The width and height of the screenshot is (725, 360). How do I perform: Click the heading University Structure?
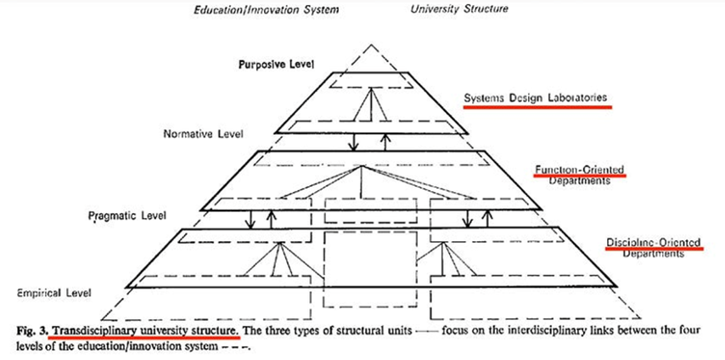(x=458, y=10)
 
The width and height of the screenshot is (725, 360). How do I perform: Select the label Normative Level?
(x=203, y=134)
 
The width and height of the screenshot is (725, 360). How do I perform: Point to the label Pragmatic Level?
(x=127, y=217)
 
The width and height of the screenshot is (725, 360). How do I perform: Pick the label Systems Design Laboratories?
(x=536, y=98)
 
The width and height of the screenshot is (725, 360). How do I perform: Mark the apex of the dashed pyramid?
(x=369, y=42)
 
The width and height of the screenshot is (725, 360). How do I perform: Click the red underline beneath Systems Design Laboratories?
(x=536, y=107)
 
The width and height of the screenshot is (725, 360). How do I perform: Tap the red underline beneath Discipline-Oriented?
(x=654, y=250)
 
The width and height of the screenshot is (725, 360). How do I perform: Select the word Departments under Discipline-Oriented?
(x=655, y=254)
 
